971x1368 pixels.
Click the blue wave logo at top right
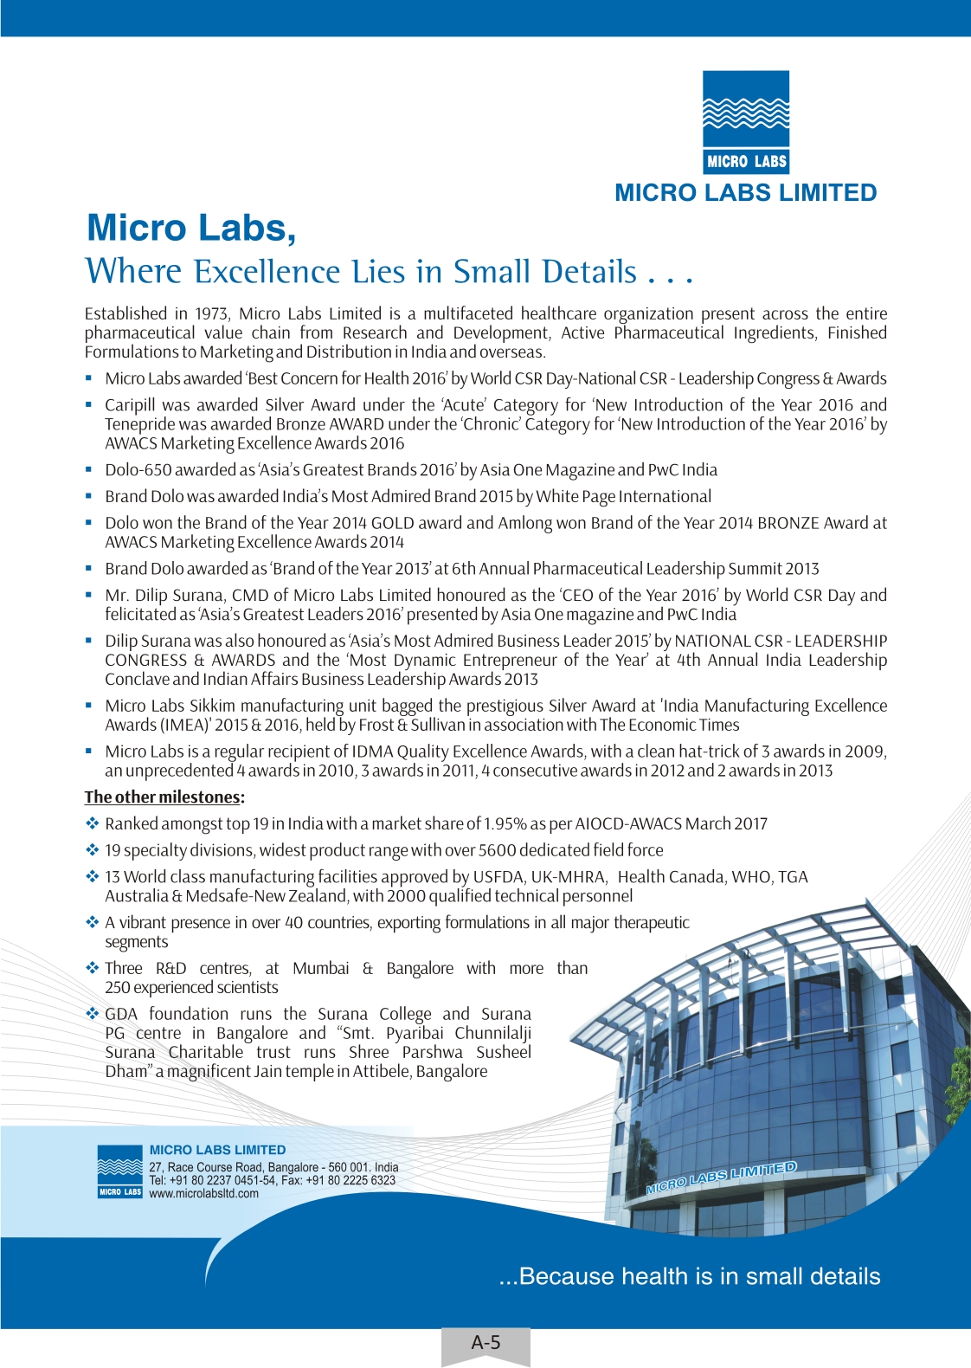click(x=746, y=121)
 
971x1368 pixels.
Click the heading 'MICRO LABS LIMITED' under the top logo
click(x=745, y=192)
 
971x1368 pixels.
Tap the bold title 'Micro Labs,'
click(x=191, y=228)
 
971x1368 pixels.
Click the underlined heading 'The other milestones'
click(x=162, y=797)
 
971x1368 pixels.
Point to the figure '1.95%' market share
click(x=505, y=823)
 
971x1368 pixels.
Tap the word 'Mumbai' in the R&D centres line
click(x=321, y=968)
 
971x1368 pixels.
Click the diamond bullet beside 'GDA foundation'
click(x=92, y=1014)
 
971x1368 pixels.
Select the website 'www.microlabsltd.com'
click(x=203, y=1193)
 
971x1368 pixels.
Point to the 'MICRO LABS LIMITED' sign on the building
click(x=721, y=1178)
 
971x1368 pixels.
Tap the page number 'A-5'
click(x=486, y=1343)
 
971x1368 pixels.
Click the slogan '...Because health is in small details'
click(x=690, y=1276)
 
